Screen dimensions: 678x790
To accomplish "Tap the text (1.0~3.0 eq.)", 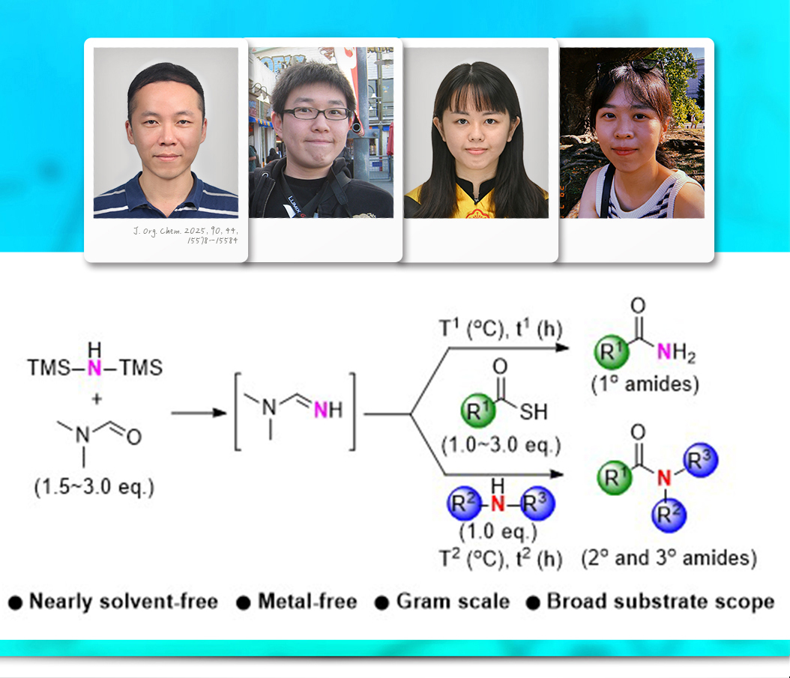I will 501,447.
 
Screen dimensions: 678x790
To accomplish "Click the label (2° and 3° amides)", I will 669,558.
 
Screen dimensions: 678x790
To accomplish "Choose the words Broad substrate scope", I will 660,602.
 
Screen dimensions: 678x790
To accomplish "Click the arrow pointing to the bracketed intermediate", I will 199,413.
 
